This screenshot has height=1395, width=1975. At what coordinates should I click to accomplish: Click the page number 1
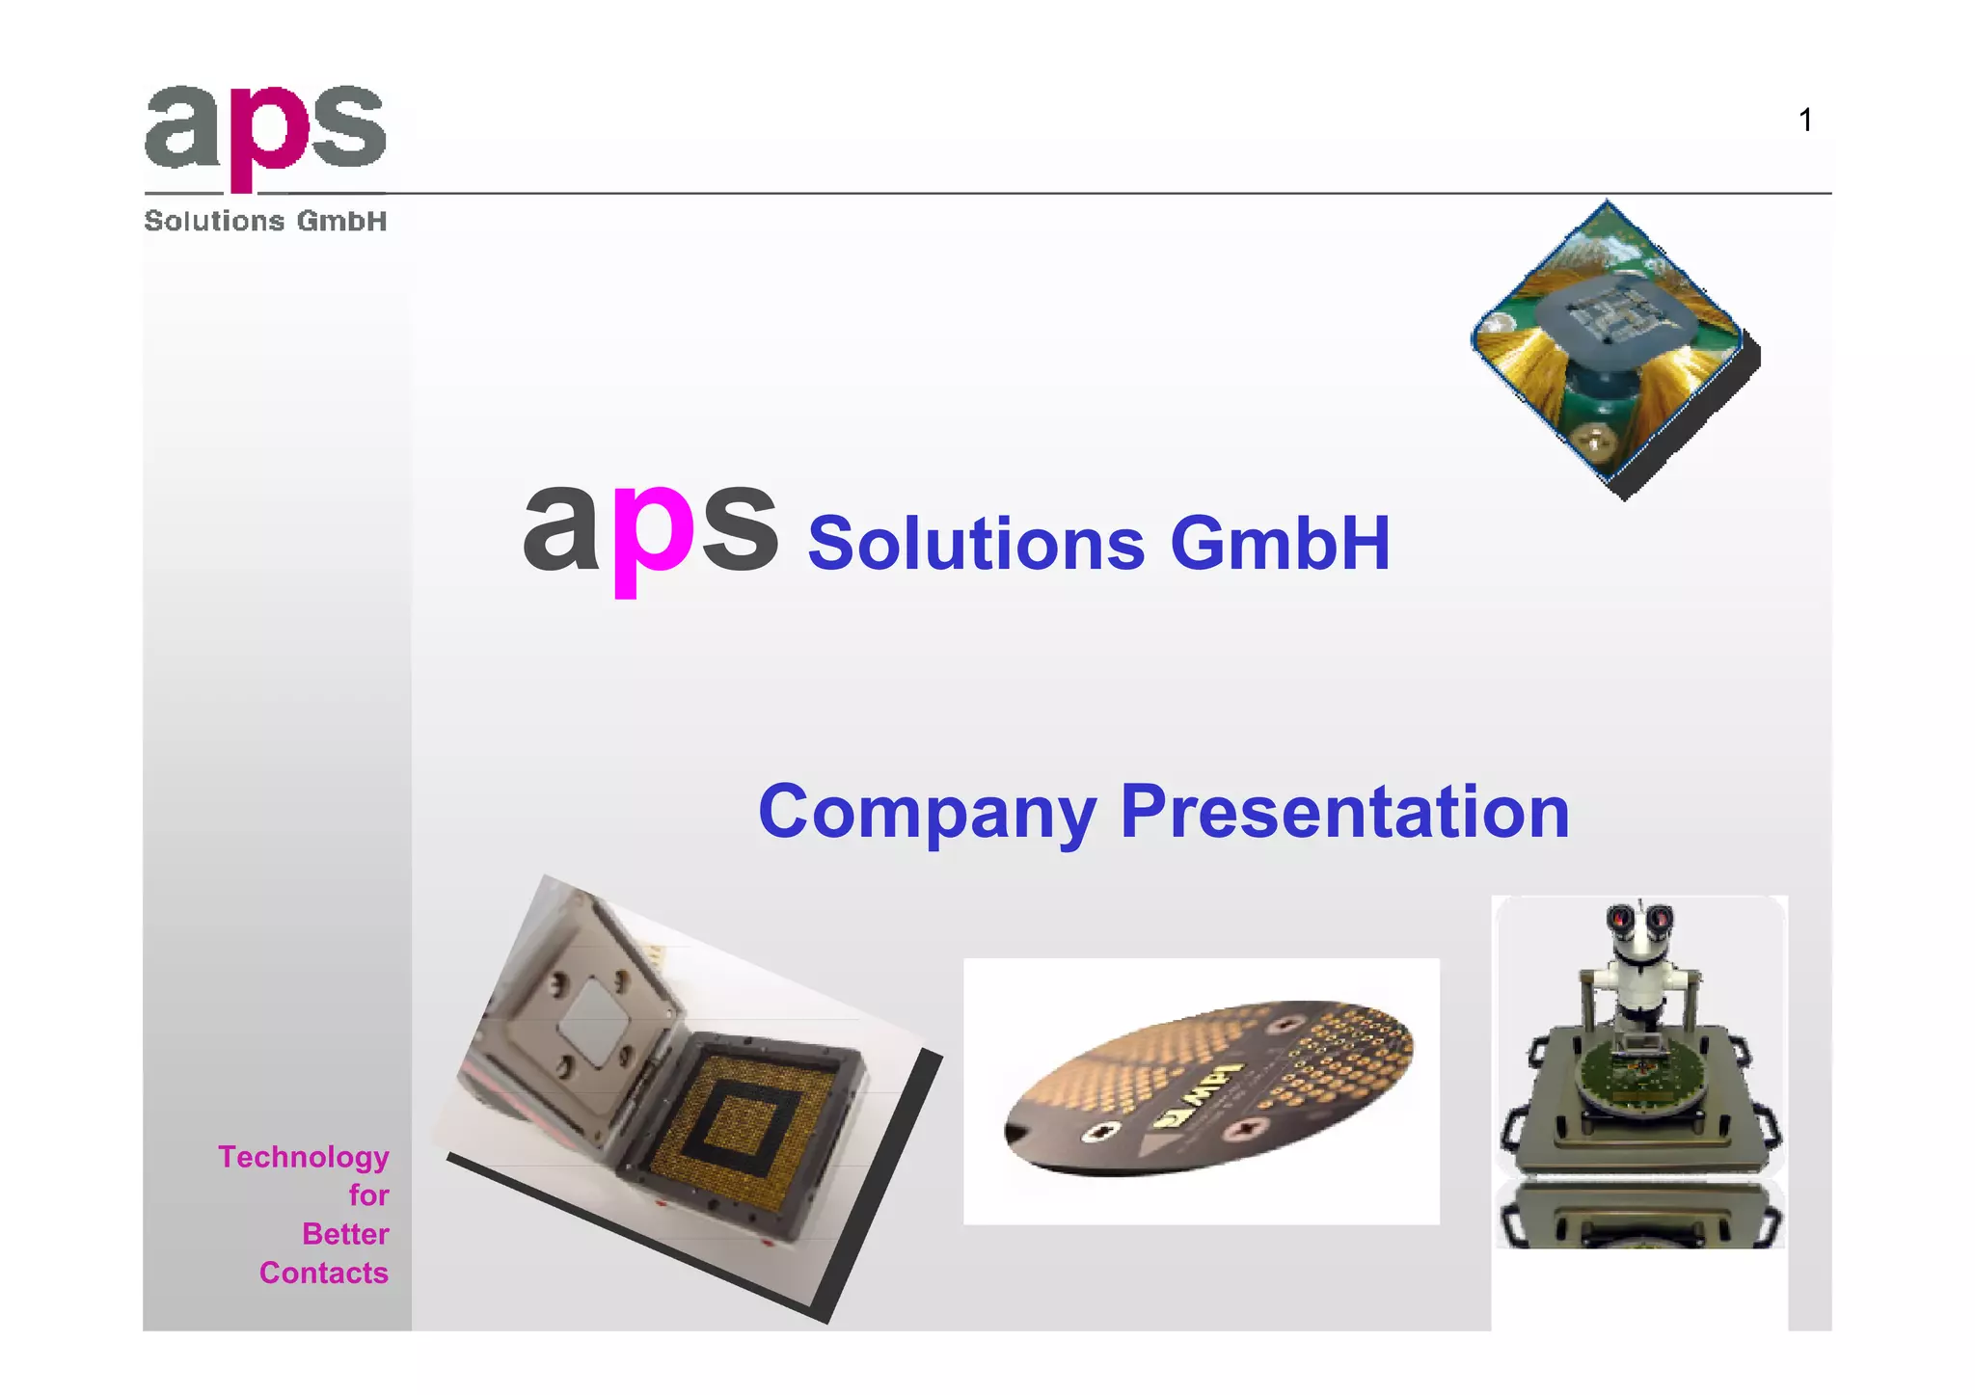point(1805,121)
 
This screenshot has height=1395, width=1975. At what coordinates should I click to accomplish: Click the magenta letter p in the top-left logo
point(258,135)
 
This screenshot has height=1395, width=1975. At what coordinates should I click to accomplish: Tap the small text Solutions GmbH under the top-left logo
point(265,222)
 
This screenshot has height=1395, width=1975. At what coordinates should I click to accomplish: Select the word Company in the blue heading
point(928,813)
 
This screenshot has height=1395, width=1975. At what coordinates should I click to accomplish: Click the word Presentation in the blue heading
point(1345,813)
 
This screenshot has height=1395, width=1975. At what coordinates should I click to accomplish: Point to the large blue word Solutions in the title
point(976,544)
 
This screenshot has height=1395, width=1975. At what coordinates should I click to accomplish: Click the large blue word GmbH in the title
point(1280,544)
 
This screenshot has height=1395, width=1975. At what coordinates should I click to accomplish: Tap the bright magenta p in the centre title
point(653,535)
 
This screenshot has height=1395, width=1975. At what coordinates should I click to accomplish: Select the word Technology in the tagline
point(304,1157)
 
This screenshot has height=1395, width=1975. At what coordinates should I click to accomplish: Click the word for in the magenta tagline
point(368,1195)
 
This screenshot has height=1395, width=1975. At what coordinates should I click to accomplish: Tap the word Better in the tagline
point(345,1234)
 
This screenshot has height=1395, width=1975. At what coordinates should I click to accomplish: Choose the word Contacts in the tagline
point(324,1273)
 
